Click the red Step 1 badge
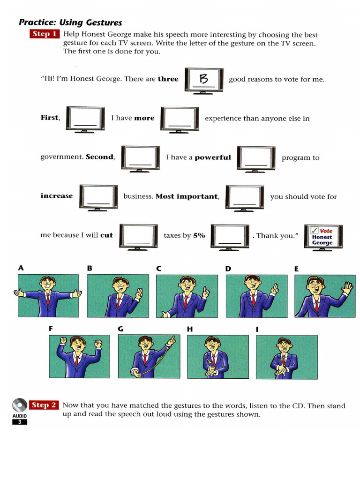click(45, 34)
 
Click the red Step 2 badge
click(44, 405)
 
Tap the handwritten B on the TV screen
click(204, 79)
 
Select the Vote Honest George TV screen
click(323, 237)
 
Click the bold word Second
click(100, 157)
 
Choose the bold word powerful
click(213, 157)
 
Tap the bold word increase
click(57, 196)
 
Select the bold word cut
click(106, 235)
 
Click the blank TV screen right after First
click(85, 119)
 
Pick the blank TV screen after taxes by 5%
click(230, 236)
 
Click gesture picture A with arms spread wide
click(48, 296)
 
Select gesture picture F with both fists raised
click(79, 356)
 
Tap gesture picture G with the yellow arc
click(149, 356)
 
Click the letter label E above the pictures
click(297, 269)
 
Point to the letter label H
click(190, 329)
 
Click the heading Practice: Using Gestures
click(70, 22)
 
